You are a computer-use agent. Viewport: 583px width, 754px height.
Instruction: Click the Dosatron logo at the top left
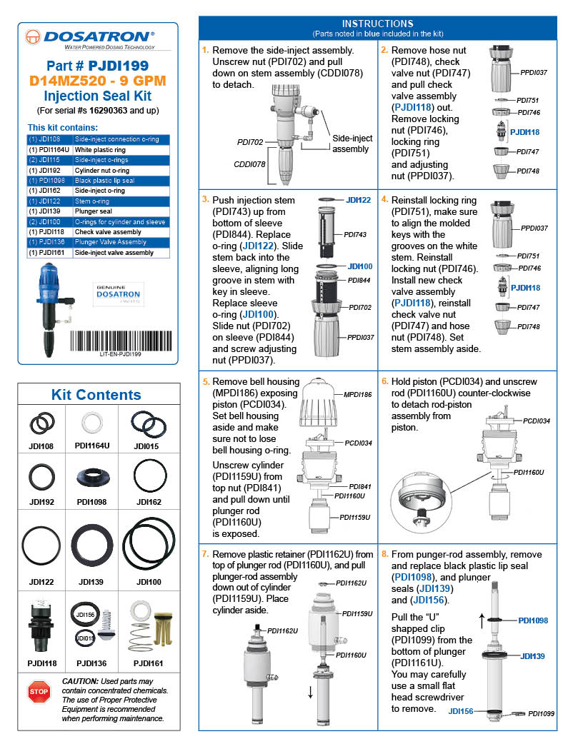89,38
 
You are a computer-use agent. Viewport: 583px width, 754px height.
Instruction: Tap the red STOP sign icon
39,691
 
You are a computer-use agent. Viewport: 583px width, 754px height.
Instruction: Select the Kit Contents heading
96,395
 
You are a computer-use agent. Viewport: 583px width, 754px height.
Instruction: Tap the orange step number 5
206,382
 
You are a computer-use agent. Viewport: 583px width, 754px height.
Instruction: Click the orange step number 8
385,553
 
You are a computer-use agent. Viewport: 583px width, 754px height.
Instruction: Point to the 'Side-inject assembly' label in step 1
352,144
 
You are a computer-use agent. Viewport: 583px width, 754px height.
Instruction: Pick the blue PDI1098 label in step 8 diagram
533,620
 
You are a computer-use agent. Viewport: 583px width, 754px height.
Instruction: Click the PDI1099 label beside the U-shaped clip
541,713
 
